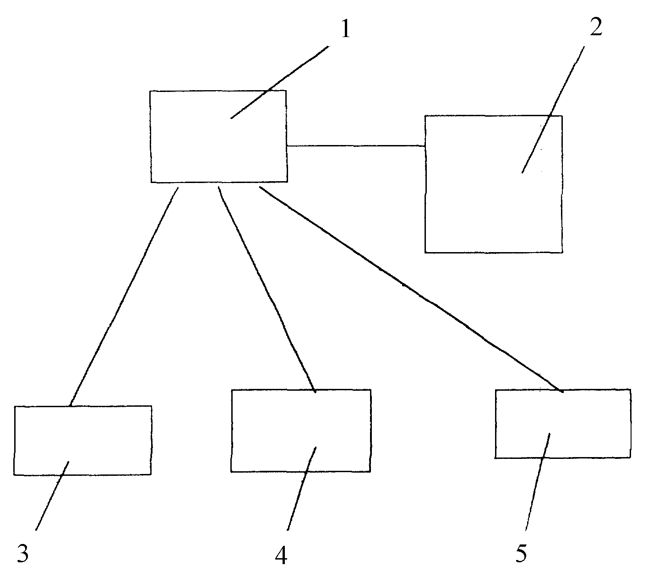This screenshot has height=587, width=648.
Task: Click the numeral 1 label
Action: coord(345,29)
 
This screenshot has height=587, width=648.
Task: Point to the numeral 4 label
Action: coord(281,554)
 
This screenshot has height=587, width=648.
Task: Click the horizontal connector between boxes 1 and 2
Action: coord(356,145)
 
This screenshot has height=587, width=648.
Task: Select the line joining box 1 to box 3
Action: coord(124,296)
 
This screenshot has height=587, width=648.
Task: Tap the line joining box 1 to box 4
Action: coord(267,289)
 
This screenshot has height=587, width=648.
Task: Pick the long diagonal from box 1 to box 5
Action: coord(411,289)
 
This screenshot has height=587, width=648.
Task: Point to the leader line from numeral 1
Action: coord(280,82)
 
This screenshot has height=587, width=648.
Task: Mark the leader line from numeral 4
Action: coord(302,489)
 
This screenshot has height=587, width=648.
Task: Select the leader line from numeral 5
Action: coord(538,482)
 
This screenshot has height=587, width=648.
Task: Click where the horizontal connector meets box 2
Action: coord(425,146)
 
